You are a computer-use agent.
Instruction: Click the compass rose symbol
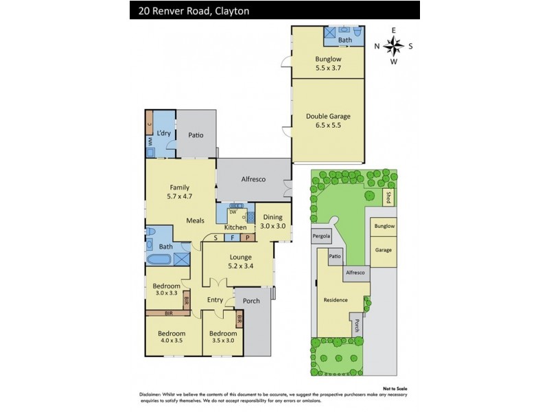tap(394, 46)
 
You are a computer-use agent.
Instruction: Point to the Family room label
tap(180, 187)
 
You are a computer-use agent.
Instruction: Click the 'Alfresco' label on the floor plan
tap(253, 179)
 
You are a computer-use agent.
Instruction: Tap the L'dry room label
tap(163, 133)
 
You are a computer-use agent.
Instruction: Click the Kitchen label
tap(235, 227)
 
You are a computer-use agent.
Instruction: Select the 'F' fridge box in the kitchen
tap(232, 238)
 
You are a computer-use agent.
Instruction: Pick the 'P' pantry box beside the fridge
tap(247, 238)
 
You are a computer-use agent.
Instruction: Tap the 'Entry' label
tap(215, 299)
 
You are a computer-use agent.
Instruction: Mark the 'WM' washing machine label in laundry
tap(149, 142)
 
